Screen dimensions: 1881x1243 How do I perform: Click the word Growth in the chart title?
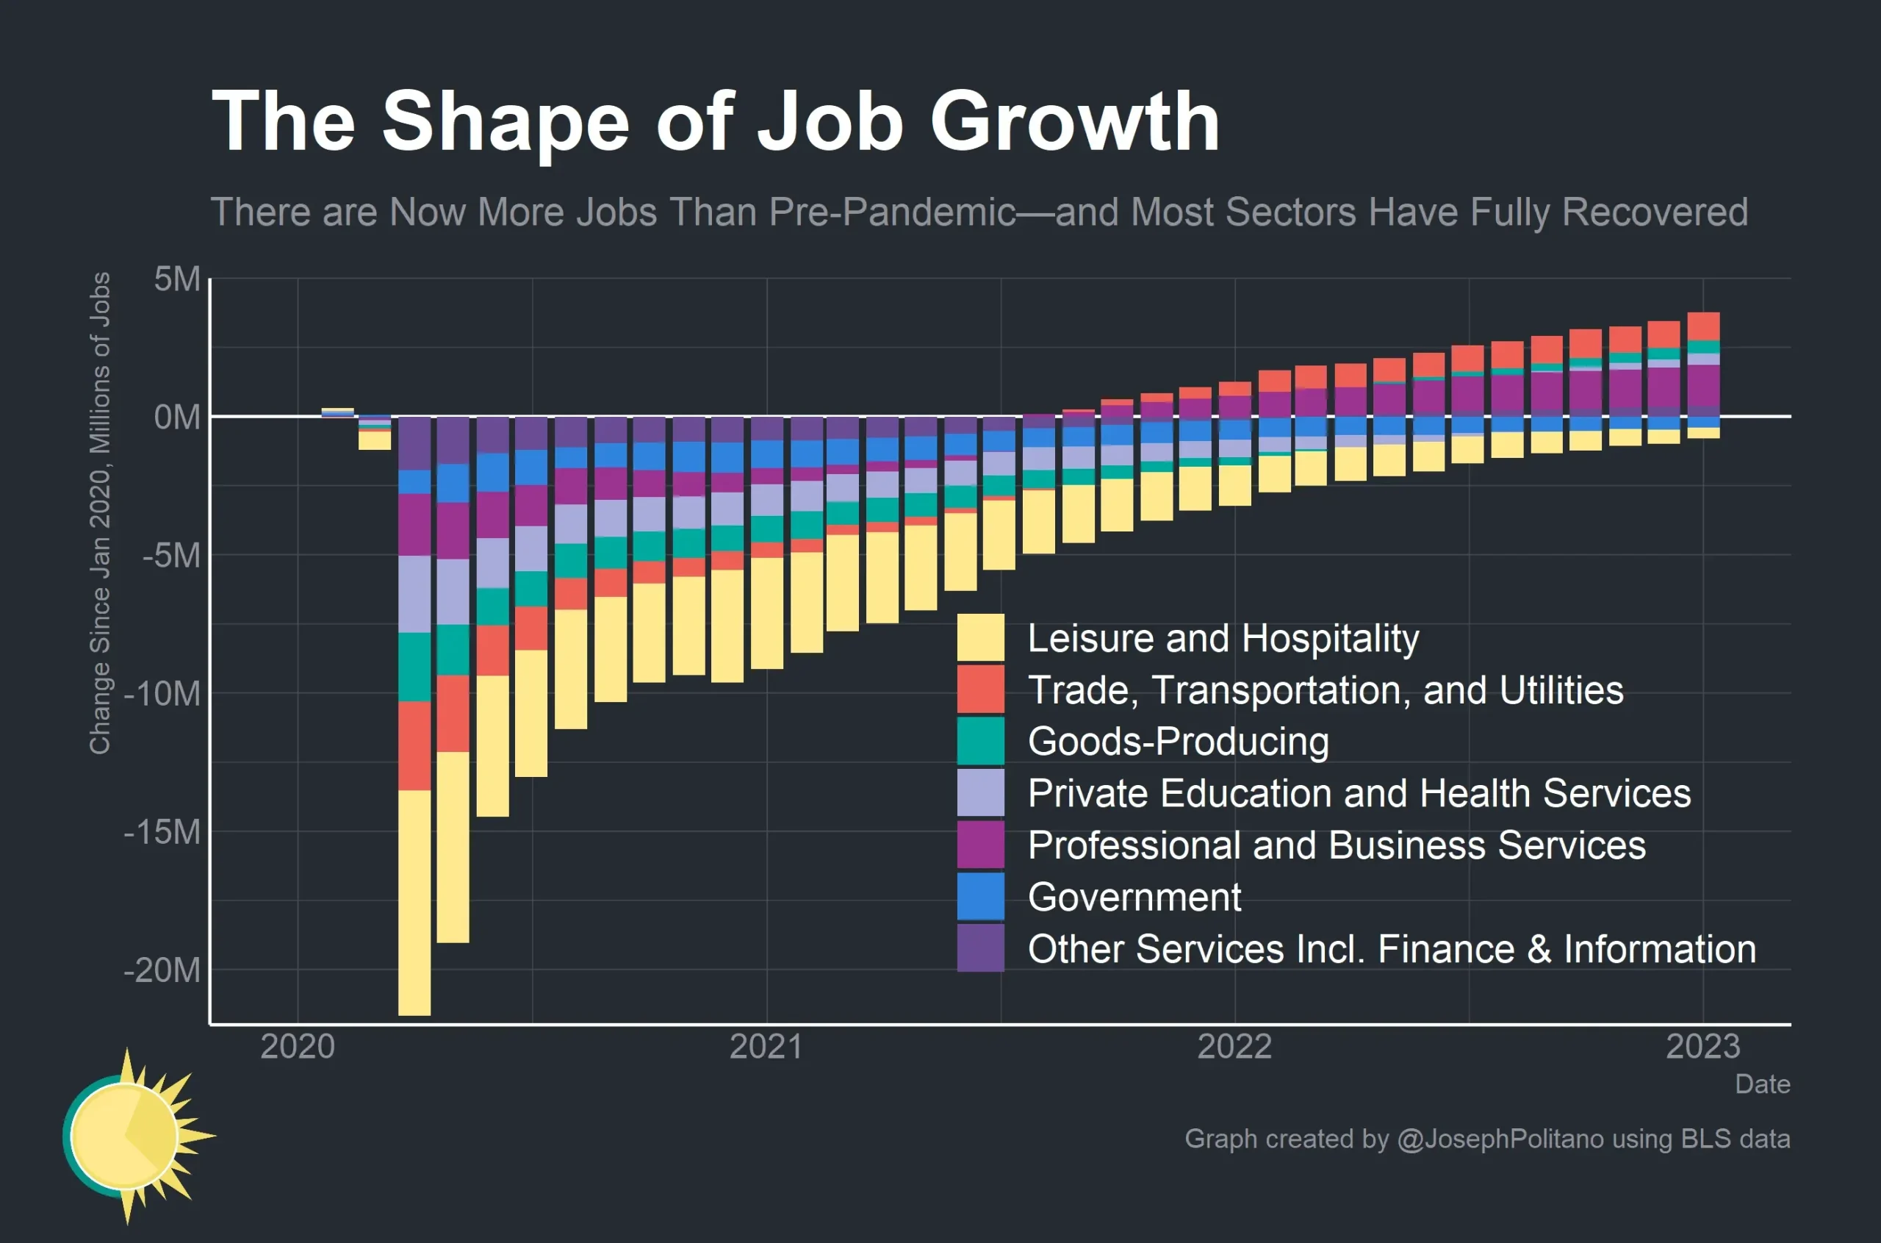point(1074,121)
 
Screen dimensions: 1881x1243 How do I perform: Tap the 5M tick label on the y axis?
point(178,279)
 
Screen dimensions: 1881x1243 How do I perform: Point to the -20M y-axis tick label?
point(162,970)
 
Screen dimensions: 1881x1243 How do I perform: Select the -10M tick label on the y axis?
point(162,694)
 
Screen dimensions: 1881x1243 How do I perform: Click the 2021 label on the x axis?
point(766,1047)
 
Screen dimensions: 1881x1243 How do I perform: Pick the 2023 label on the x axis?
point(1702,1047)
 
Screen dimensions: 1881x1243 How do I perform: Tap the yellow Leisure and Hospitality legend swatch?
point(980,637)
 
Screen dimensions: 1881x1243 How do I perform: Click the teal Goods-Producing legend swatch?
point(980,740)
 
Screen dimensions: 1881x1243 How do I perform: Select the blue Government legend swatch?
point(980,896)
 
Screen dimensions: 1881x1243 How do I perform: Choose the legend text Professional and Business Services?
point(1337,845)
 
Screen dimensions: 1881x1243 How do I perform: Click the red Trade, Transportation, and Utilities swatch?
point(980,689)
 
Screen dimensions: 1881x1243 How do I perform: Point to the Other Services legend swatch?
point(980,948)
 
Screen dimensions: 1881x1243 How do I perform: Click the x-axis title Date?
point(1762,1083)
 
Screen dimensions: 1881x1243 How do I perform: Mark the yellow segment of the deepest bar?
point(414,903)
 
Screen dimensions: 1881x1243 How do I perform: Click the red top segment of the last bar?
point(1703,326)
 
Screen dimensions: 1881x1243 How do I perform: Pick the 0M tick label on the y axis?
point(178,417)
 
